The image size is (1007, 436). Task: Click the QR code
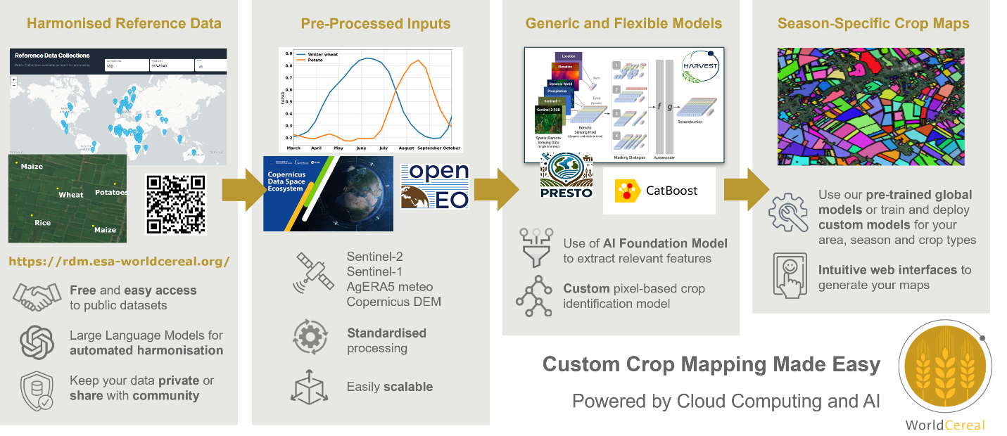coord(176,203)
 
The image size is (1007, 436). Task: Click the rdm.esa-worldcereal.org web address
coord(119,262)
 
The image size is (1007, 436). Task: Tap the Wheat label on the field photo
coord(70,195)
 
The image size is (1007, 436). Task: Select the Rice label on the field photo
coord(42,223)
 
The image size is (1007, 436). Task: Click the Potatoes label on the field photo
coord(111,192)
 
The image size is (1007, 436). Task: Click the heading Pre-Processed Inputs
coord(376,24)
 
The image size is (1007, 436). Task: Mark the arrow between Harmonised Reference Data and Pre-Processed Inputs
coord(240,189)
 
